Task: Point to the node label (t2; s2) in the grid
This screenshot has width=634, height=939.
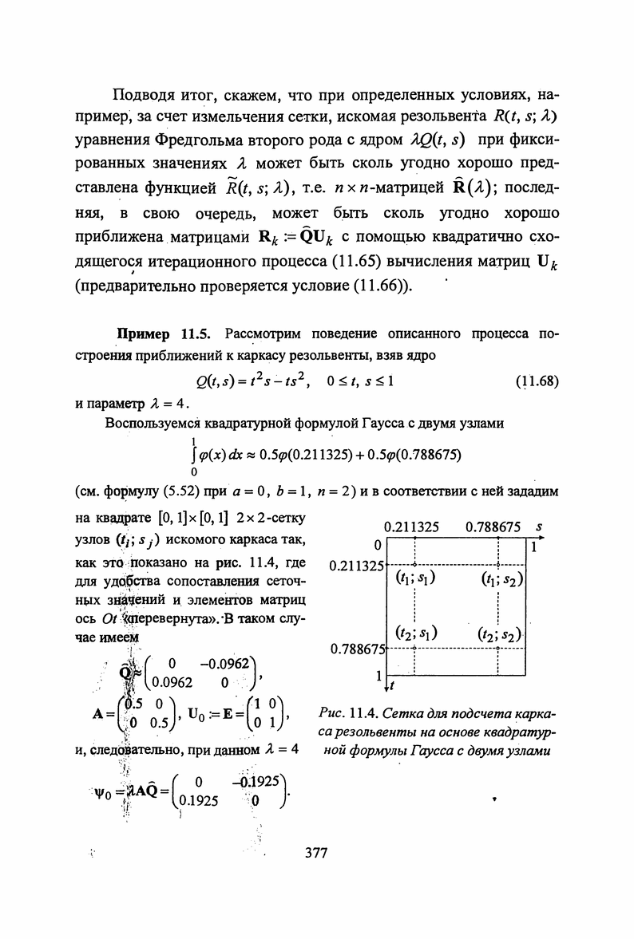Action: point(499,635)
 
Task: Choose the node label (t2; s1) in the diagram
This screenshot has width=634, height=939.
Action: point(414,634)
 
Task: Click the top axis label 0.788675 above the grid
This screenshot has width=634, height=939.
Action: point(493,527)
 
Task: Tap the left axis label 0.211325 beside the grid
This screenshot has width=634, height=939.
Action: point(357,566)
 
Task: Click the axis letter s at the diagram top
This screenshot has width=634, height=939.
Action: point(539,527)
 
